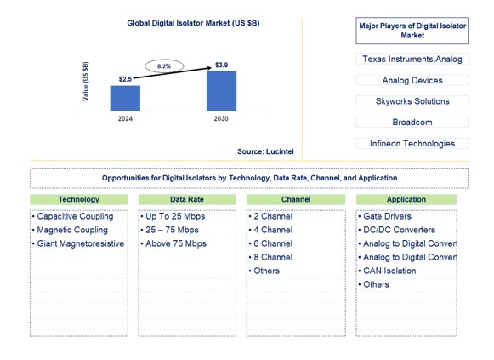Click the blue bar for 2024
(125, 98)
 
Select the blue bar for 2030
(221, 91)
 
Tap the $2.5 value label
(125, 79)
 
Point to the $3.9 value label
(221, 66)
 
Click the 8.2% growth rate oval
(165, 65)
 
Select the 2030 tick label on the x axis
(221, 119)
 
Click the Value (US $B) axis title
(86, 82)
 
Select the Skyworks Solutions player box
(412, 101)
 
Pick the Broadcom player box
(412, 123)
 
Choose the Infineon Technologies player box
(412, 144)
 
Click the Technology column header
(78, 199)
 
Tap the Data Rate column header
(186, 199)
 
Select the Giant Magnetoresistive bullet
(79, 243)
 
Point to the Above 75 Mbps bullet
(175, 243)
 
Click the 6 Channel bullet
(272, 243)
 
